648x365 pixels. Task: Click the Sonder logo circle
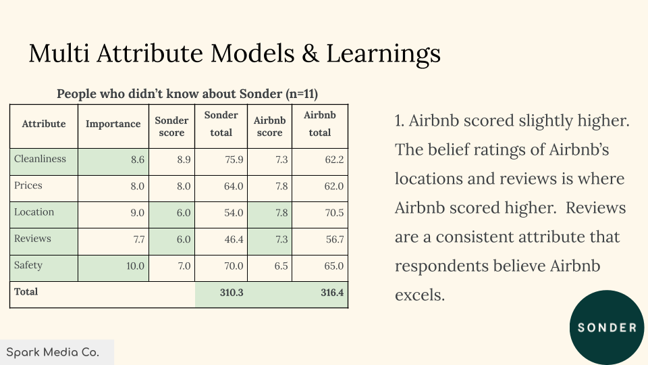click(606, 327)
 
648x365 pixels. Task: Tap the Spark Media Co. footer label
click(53, 353)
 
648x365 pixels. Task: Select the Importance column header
click(113, 124)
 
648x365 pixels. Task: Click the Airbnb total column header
click(320, 124)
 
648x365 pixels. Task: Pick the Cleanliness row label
click(40, 159)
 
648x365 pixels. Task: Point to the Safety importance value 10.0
click(135, 266)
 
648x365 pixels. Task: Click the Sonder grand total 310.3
click(232, 293)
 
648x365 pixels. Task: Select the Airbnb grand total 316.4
click(332, 293)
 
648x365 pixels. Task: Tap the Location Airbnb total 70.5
click(334, 213)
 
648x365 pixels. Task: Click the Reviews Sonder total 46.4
click(234, 239)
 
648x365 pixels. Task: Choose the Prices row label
click(28, 185)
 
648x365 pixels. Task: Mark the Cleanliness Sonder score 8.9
click(184, 160)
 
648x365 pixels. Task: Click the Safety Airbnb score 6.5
click(281, 266)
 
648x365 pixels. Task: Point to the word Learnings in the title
click(383, 54)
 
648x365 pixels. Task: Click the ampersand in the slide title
click(310, 53)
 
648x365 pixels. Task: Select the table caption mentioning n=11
click(187, 94)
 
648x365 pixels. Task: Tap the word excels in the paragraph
click(420, 295)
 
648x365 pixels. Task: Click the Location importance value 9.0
click(137, 213)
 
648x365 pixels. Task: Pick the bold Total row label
click(26, 292)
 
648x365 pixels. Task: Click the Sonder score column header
click(171, 126)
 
